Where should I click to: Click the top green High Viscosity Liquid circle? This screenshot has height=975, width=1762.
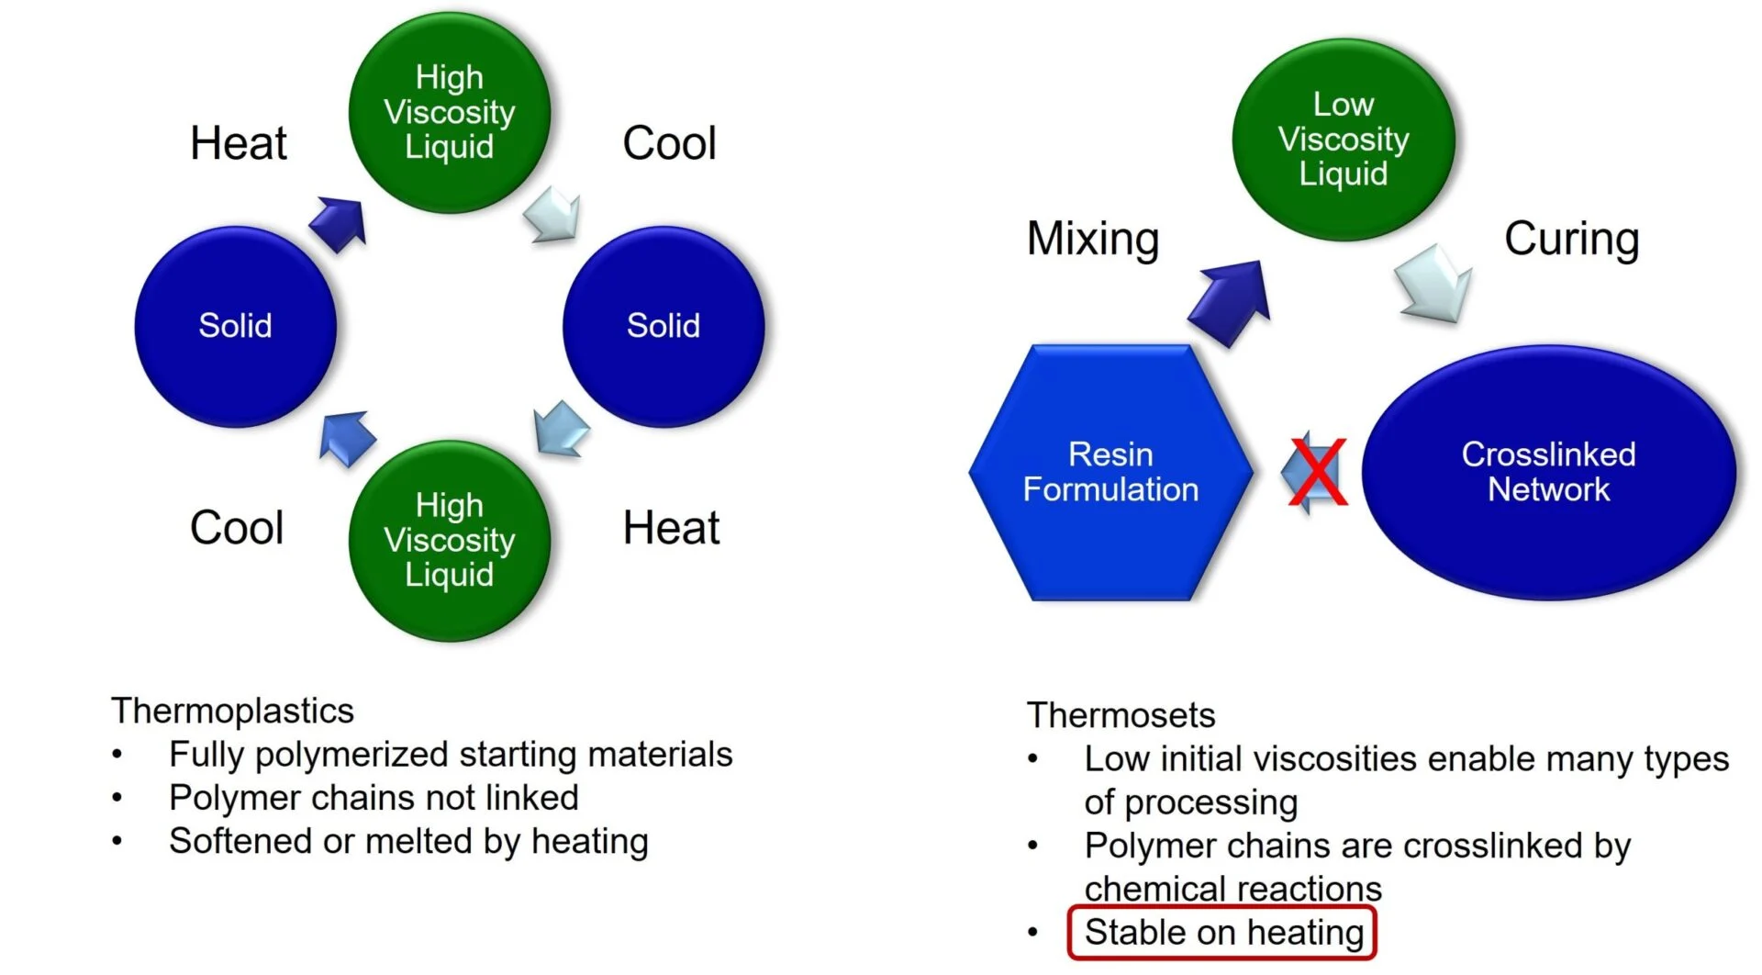450,112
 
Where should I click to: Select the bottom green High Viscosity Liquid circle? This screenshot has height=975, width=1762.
450,540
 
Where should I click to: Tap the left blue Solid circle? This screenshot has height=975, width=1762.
236,326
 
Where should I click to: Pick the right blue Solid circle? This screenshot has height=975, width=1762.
664,326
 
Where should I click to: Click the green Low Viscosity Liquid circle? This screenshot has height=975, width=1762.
1344,140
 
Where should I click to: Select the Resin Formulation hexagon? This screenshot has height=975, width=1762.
1110,472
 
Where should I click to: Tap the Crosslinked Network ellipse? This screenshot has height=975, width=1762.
1549,472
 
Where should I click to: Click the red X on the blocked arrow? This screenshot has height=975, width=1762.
1318,472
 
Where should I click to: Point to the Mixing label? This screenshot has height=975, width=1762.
1093,238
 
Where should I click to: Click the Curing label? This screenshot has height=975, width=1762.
1571,238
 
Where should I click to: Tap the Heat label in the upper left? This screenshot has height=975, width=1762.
239,143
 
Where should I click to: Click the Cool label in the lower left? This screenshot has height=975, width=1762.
237,528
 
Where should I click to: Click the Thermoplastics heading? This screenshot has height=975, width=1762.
232,711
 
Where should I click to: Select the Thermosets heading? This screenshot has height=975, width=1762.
1121,715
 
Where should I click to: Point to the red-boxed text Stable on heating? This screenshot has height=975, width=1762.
1223,932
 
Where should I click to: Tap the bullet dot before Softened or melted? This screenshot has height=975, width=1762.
117,841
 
